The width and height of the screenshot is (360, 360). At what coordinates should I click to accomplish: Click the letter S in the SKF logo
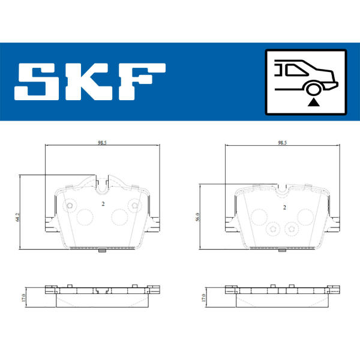(37, 81)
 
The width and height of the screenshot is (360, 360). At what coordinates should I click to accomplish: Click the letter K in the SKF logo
(88, 81)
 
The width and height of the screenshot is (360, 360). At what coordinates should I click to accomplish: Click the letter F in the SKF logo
(142, 81)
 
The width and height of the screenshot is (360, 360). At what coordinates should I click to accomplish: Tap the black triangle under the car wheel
(313, 103)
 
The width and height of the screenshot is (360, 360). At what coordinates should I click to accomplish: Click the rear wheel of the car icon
(314, 89)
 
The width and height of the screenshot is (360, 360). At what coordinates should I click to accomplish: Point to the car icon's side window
(296, 70)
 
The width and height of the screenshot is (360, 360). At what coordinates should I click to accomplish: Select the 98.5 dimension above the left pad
(102, 143)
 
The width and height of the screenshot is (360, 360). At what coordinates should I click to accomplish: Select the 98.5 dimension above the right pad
(282, 143)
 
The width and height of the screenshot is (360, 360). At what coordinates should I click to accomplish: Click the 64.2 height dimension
(17, 217)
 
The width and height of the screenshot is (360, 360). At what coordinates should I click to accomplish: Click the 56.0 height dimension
(197, 217)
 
